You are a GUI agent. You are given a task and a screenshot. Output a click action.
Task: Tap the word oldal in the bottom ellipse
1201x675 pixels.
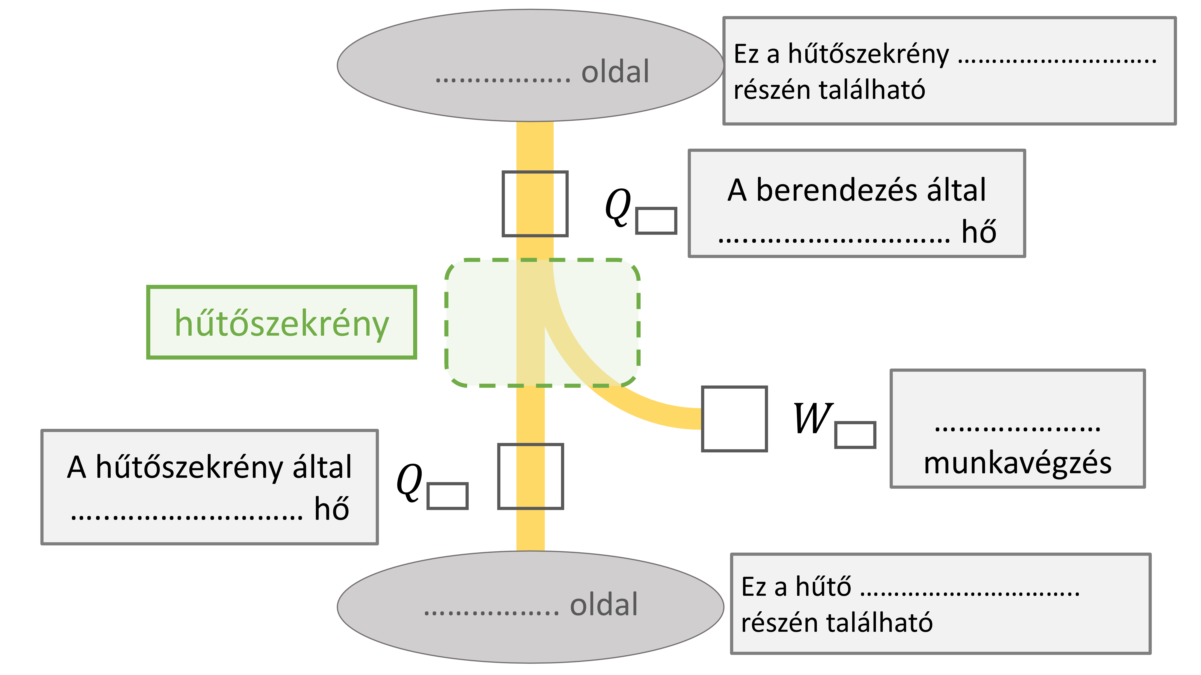[x=604, y=605]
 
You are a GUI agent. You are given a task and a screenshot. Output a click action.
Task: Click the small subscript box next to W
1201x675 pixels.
[x=855, y=435]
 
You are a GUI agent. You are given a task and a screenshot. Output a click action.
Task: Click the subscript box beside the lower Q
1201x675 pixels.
[x=447, y=496]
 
